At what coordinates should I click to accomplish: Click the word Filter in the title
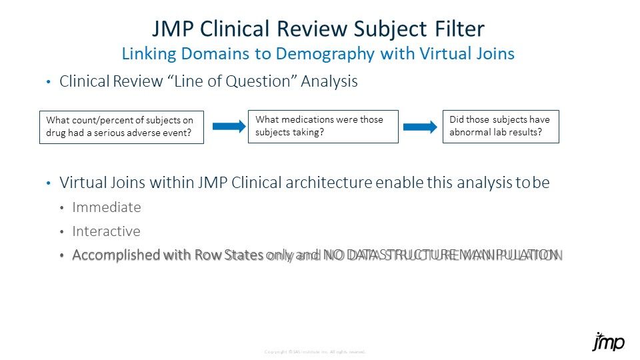[x=454, y=29]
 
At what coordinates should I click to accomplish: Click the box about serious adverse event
[x=121, y=126]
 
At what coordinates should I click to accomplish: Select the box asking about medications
[x=323, y=126]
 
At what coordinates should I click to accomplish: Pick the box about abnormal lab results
[x=501, y=126]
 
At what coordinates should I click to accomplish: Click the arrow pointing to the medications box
[x=226, y=126]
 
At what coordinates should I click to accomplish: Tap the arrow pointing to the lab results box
[x=421, y=127]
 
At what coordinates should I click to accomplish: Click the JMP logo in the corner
[x=608, y=342]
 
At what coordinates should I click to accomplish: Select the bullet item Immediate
[x=107, y=207]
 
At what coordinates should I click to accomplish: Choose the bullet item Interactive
[x=107, y=231]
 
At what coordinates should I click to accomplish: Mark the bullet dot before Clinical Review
[x=48, y=83]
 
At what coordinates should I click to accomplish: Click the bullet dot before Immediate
[x=61, y=208]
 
